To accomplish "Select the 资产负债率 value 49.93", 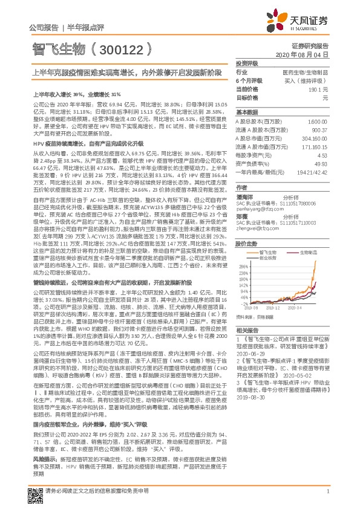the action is click(x=321, y=163).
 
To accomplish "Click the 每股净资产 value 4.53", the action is click(x=323, y=155).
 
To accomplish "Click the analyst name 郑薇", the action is click(x=241, y=199).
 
